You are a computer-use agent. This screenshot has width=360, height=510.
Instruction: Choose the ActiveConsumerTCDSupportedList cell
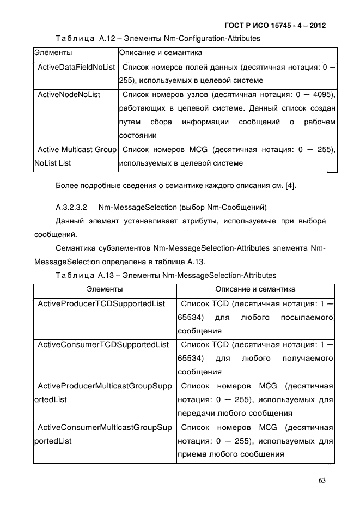[102, 344]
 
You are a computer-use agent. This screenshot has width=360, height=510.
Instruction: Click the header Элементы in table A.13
[105, 289]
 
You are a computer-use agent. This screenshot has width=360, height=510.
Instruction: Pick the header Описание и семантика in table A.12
[160, 53]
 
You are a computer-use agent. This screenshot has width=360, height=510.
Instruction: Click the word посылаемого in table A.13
[307, 317]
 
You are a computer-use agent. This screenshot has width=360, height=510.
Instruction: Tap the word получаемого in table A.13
[308, 359]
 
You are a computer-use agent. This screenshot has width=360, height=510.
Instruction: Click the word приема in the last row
[191, 454]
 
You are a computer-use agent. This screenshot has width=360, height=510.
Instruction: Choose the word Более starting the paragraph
[66, 187]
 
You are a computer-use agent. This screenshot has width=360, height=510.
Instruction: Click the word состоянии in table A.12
[137, 136]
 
